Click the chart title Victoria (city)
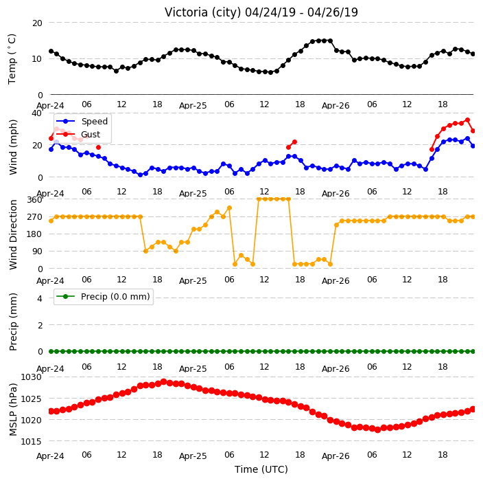pyautogui.click(x=202, y=12)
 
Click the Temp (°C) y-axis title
pyautogui.click(x=12, y=59)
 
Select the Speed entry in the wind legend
pyautogui.click(x=94, y=121)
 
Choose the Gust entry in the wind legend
pyautogui.click(x=91, y=135)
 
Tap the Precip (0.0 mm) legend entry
pyautogui.click(x=115, y=297)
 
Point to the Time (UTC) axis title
pyautogui.click(x=261, y=469)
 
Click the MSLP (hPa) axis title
pyautogui.click(x=13, y=410)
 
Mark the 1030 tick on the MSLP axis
pyautogui.click(x=31, y=377)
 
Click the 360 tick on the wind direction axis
pyautogui.click(x=34, y=200)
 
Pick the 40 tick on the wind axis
pyautogui.click(x=36, y=113)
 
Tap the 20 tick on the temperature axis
pyautogui.click(x=37, y=23)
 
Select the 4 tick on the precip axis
pyautogui.click(x=40, y=298)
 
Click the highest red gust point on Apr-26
pyautogui.click(x=467, y=120)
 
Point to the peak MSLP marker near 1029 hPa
pyautogui.click(x=164, y=382)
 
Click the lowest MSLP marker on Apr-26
pyautogui.click(x=377, y=429)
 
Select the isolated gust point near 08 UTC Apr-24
pyautogui.click(x=98, y=148)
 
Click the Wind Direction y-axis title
pyautogui.click(x=13, y=234)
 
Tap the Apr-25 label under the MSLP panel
pyautogui.click(x=193, y=456)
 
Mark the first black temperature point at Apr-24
pyautogui.click(x=51, y=52)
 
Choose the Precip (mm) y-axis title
pyautogui.click(x=13, y=322)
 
